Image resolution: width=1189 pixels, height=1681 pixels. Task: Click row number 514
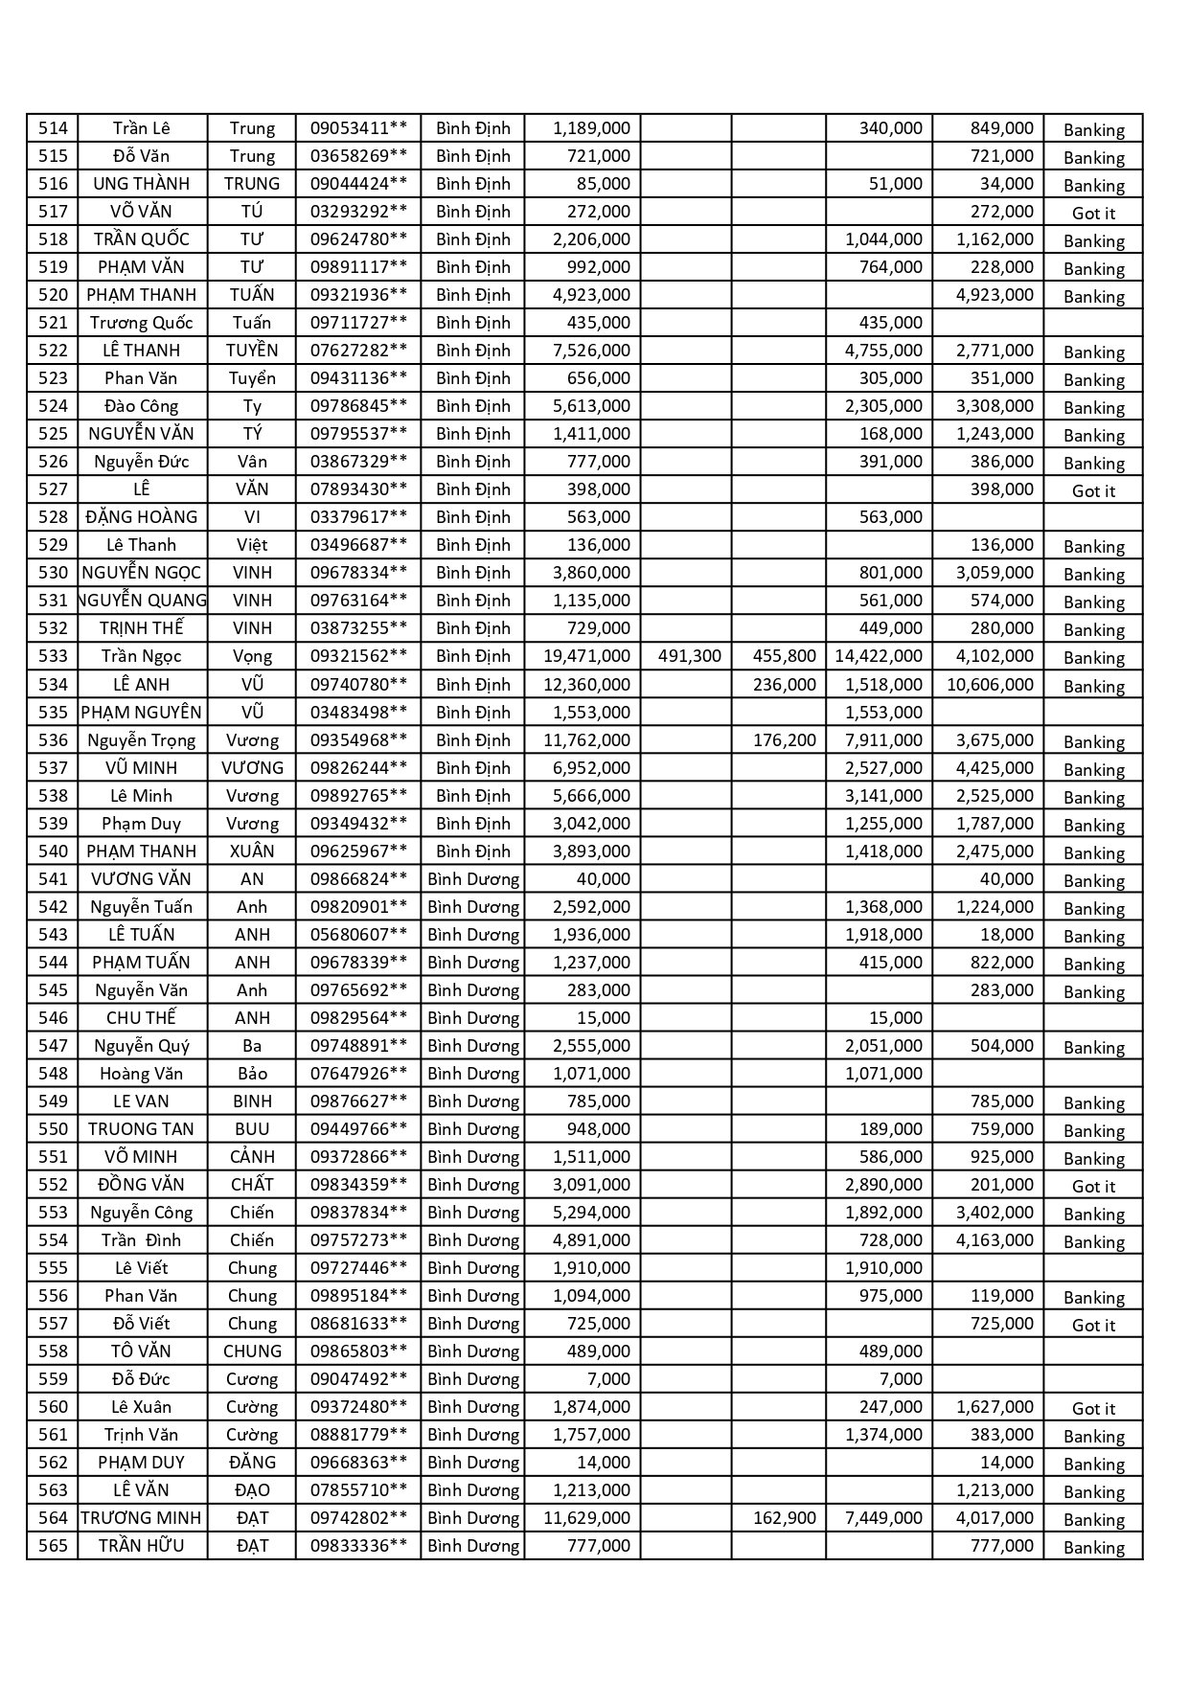coord(53,128)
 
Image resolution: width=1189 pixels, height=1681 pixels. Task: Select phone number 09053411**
coord(358,128)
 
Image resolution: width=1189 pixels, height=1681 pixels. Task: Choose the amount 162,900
coord(785,1518)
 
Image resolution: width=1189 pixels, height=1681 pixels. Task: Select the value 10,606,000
coord(990,685)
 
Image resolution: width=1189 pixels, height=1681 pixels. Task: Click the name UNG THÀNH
coord(142,184)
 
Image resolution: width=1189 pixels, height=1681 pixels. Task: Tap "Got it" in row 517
coord(1093,213)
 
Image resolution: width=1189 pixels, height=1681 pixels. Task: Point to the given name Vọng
coord(252,656)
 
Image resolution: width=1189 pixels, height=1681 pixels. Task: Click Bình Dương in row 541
coord(473,879)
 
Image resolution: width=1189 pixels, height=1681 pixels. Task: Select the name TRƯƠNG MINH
coord(142,1518)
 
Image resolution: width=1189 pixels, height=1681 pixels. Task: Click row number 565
coord(53,1546)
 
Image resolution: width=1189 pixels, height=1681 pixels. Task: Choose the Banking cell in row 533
coord(1093,658)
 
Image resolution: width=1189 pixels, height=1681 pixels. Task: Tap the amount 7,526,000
coord(591,351)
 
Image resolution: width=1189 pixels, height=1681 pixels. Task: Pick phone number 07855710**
coord(358,1490)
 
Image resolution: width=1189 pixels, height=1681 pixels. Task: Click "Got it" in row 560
coord(1093,1409)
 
